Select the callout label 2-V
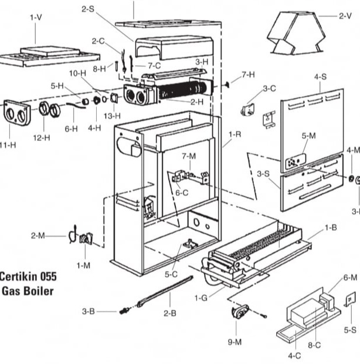tap(345, 16)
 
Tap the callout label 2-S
tap(89, 9)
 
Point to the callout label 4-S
tap(320, 76)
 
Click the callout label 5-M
tap(308, 136)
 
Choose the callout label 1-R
tap(234, 134)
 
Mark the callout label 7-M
tap(188, 156)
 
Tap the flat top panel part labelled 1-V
tap(50, 56)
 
